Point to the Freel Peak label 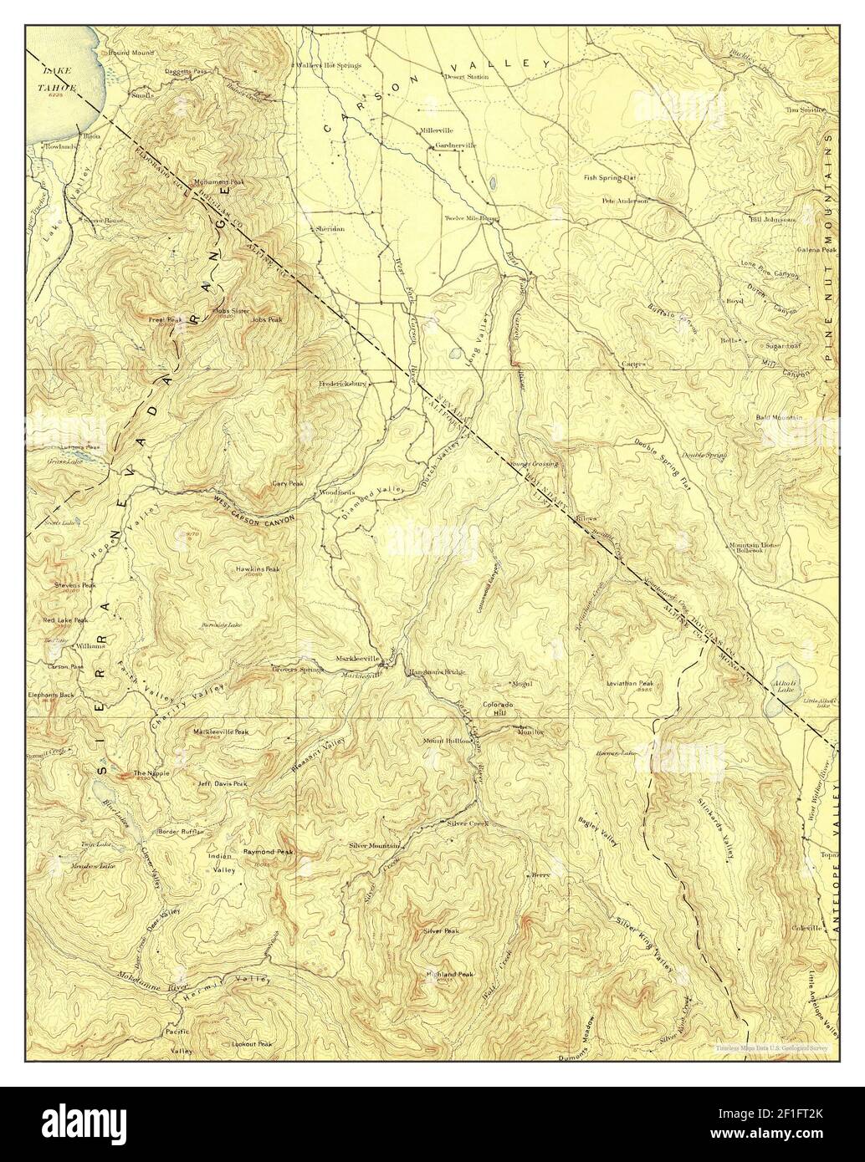coord(166,319)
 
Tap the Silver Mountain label coord(374,845)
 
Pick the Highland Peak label coord(449,974)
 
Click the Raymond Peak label coord(268,852)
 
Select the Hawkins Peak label coord(258,569)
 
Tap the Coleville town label coord(805,928)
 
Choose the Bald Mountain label coord(779,417)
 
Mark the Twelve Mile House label coord(471,218)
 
